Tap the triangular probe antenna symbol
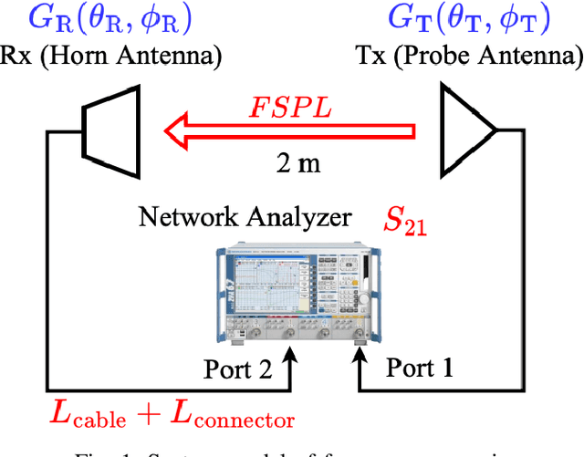coord(466,130)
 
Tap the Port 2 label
coord(237,370)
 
